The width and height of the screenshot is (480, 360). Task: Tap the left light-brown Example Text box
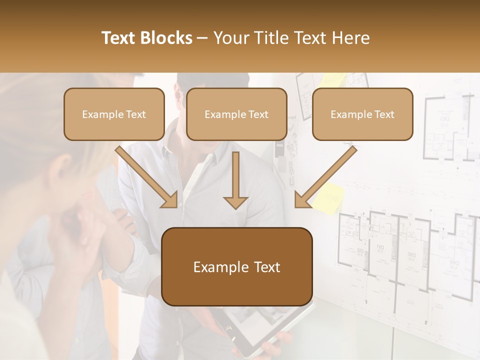pos(114,114)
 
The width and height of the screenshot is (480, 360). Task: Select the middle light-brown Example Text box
pos(236,114)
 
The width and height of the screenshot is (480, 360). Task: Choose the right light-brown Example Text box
pos(362,114)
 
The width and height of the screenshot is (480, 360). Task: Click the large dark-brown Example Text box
pos(237,267)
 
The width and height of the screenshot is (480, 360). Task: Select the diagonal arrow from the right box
pos(324,177)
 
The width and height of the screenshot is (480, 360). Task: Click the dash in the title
pos(202,38)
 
